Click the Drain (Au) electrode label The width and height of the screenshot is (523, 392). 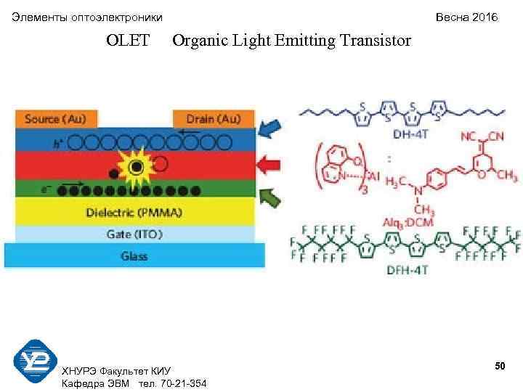coord(215,118)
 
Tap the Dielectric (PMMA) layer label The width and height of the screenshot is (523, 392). coord(134,213)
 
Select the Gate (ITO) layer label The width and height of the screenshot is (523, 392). coord(134,234)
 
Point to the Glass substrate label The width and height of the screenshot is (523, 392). coord(134,256)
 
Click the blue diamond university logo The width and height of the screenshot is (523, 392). coord(35,361)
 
